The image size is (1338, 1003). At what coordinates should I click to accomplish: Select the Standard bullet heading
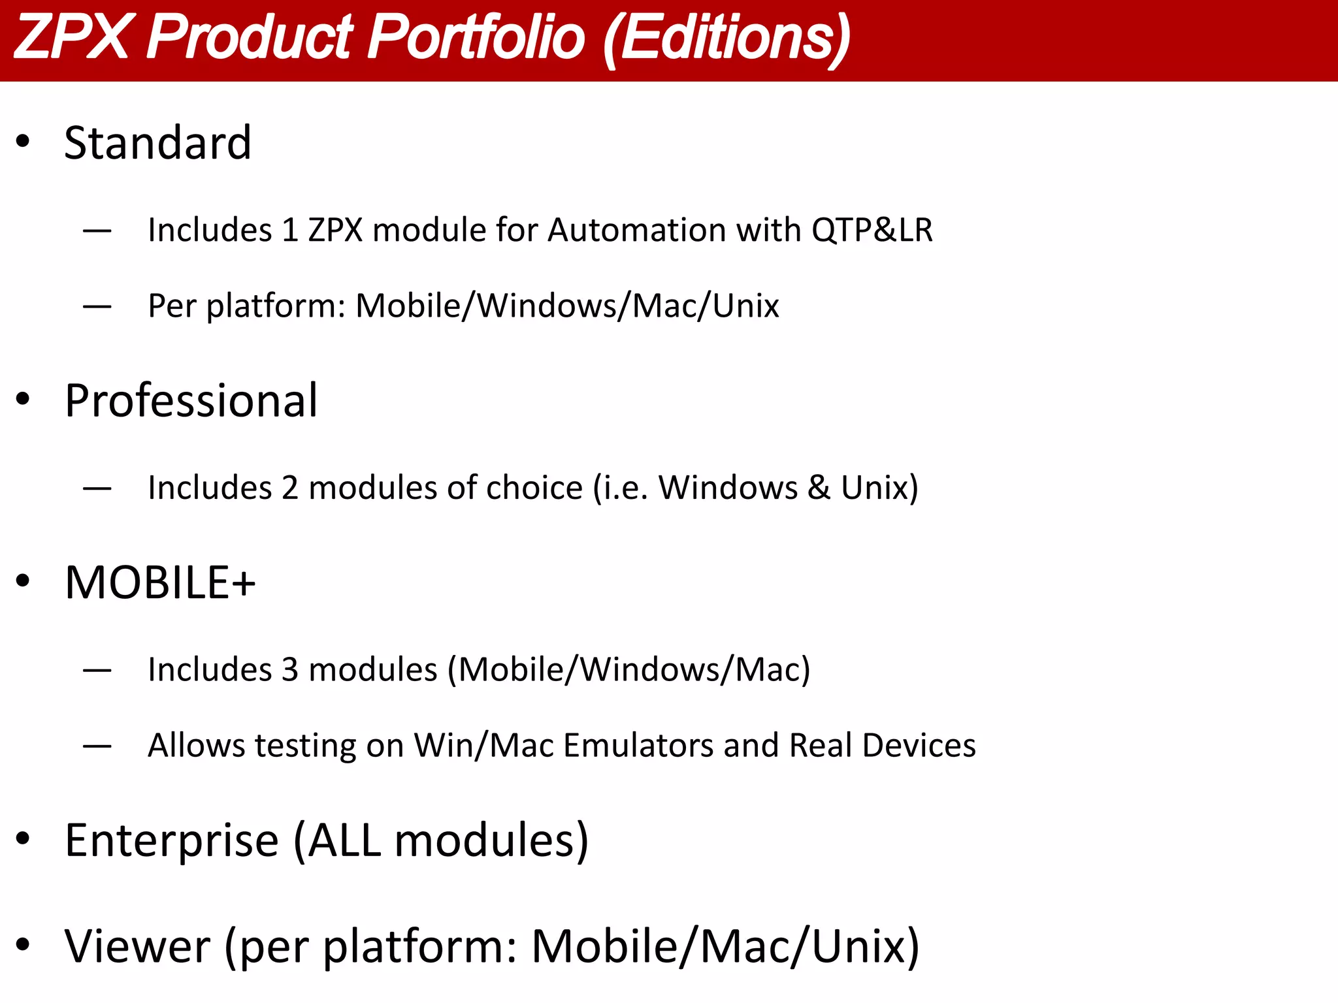(157, 142)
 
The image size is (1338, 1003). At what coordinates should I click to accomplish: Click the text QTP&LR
(872, 230)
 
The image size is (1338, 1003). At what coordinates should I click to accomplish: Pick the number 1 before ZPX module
(289, 230)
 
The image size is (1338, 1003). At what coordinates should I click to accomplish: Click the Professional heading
(191, 400)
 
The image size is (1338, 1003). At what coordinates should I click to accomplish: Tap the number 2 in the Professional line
(289, 488)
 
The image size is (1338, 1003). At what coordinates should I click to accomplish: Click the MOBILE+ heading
(160, 582)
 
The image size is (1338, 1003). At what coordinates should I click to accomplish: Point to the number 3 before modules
(289, 669)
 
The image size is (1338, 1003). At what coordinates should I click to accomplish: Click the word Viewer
(137, 946)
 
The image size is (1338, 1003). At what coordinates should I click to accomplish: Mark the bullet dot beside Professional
(24, 398)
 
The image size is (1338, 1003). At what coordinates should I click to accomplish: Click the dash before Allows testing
(97, 746)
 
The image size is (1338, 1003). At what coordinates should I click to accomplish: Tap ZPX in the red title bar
(71, 37)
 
